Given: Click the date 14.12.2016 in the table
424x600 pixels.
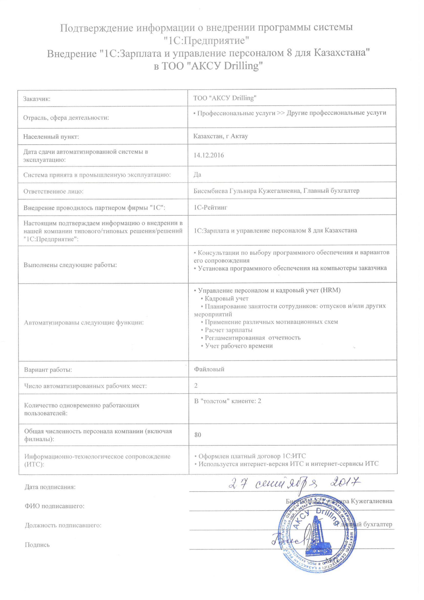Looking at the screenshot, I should [209, 155].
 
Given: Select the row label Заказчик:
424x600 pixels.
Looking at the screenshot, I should [37, 99].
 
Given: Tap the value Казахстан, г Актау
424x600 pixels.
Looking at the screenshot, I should [221, 136].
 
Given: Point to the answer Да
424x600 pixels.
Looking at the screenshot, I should [197, 174].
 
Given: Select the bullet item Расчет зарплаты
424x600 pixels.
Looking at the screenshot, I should [228, 330].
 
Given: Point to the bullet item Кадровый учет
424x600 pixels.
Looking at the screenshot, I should [226, 298].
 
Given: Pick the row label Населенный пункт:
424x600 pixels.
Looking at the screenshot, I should [51, 137].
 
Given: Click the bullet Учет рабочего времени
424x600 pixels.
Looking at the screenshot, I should [239, 346].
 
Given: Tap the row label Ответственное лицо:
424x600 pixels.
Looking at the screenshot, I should [53, 191].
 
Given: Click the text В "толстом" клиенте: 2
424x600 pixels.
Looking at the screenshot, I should [228, 401].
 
